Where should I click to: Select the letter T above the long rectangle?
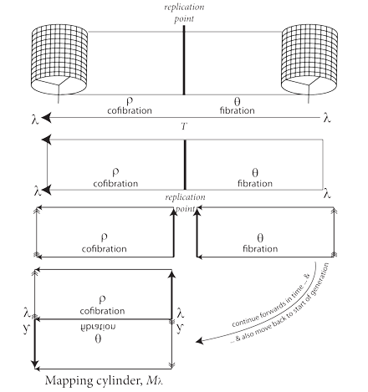point(184,125)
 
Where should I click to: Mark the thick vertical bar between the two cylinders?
point(184,62)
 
